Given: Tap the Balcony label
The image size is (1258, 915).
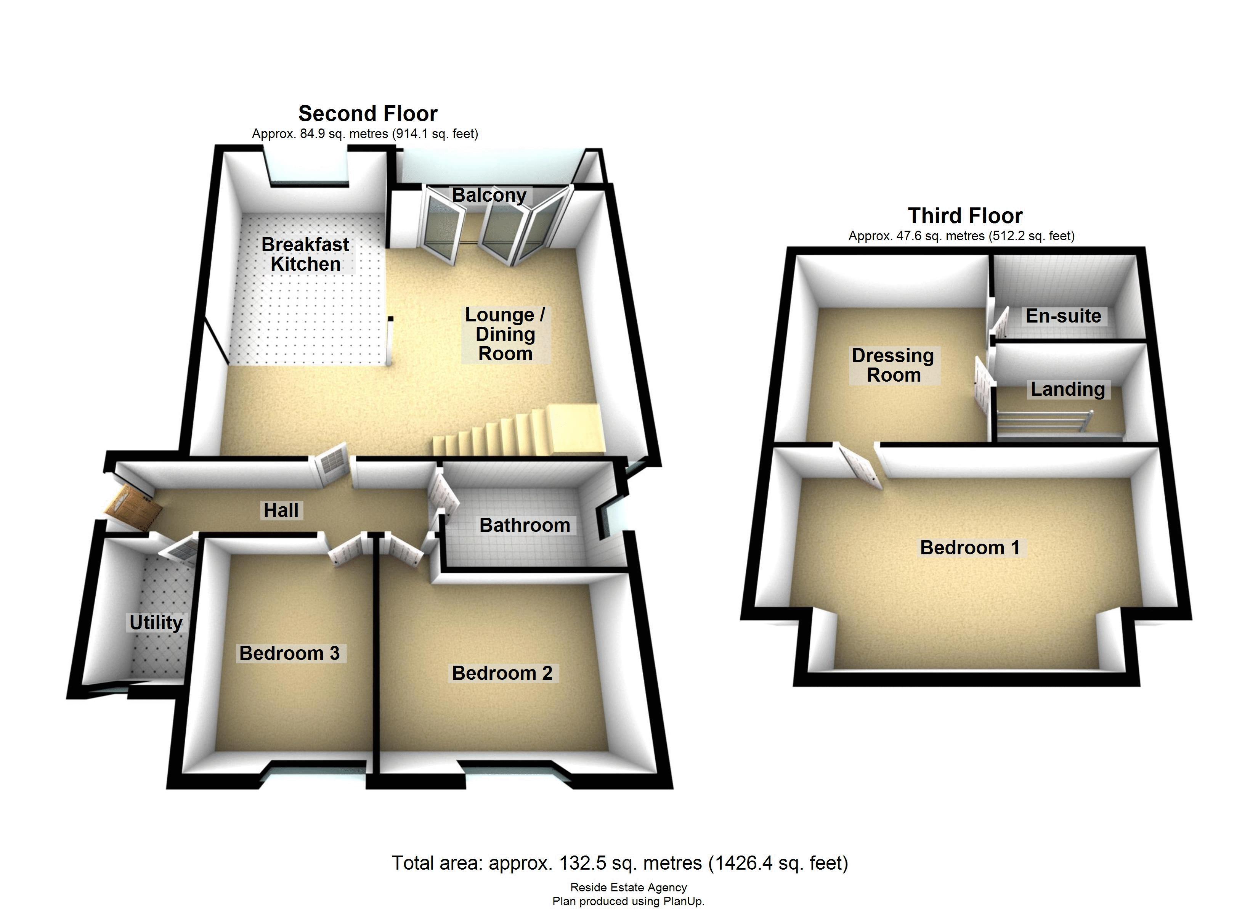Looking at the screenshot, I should coord(489,195).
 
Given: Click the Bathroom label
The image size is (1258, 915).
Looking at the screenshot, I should coord(524,525).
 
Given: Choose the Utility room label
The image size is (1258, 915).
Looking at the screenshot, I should coord(156,622).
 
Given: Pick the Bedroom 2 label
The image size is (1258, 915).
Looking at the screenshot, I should coord(502,673).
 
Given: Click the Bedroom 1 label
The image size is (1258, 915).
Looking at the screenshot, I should coord(969,548).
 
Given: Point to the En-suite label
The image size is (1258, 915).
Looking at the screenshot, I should coord(1063,316).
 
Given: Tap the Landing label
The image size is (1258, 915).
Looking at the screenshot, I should coord(1068,389).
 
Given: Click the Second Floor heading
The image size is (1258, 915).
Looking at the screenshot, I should coord(368,114).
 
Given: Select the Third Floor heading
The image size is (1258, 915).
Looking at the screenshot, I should coord(965,215).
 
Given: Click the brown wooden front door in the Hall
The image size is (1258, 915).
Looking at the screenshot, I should coord(132,509).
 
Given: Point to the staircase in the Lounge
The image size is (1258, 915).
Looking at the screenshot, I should coord(518,430).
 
